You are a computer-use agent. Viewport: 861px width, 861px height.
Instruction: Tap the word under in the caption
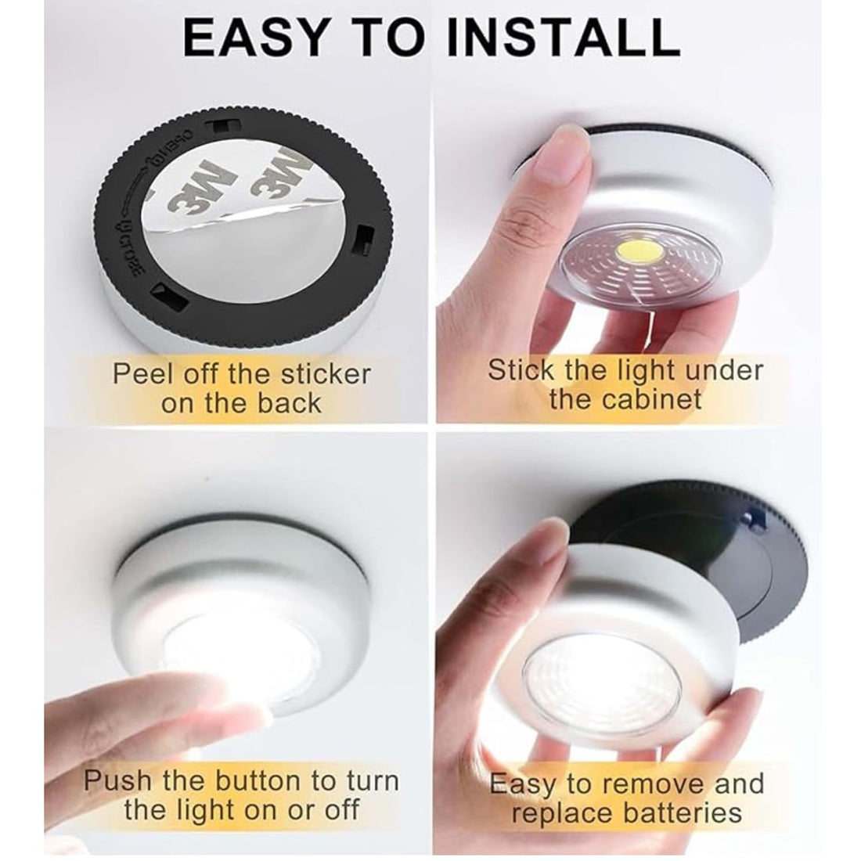(721, 369)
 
